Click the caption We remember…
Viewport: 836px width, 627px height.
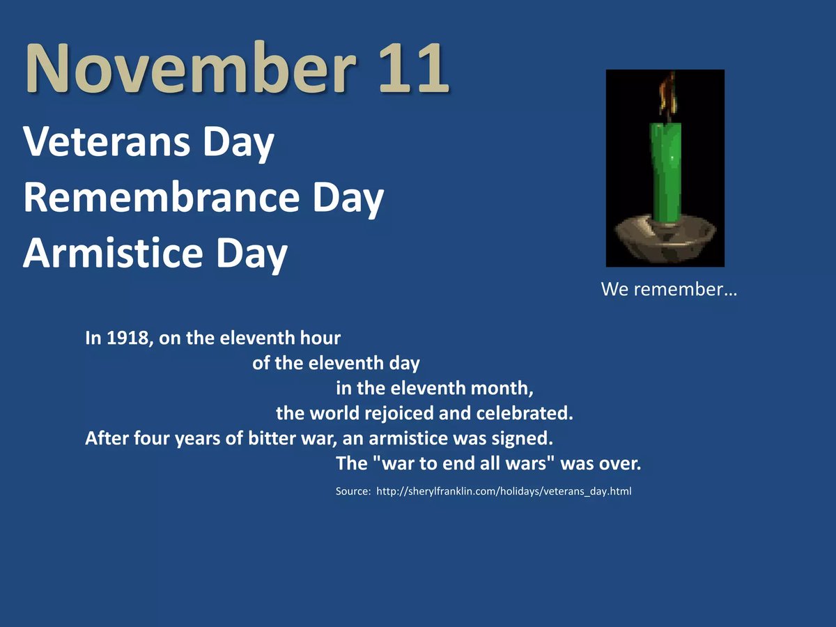(x=669, y=289)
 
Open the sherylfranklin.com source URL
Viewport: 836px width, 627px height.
(x=504, y=491)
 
